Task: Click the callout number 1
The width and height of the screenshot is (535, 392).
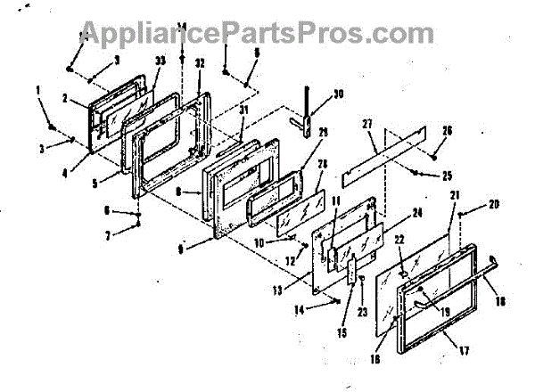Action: pyautogui.click(x=39, y=89)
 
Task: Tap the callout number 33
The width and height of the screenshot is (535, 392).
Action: pyautogui.click(x=160, y=61)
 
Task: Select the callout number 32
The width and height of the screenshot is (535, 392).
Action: pyautogui.click(x=200, y=63)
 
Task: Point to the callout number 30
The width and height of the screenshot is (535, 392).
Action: pyautogui.click(x=338, y=94)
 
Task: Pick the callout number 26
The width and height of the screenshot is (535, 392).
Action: pyautogui.click(x=447, y=130)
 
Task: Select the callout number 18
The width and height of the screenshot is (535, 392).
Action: pyautogui.click(x=499, y=303)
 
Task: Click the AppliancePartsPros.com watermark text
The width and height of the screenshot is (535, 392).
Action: pyautogui.click(x=267, y=34)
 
